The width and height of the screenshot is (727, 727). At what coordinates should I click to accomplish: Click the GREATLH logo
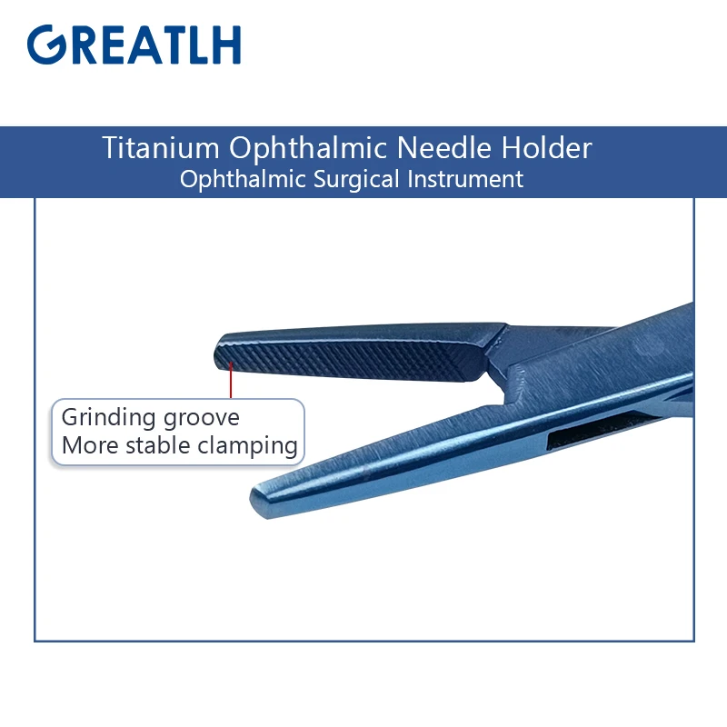[134, 45]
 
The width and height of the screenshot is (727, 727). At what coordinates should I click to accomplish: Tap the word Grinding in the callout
[105, 418]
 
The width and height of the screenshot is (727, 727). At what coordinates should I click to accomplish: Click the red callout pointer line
[232, 380]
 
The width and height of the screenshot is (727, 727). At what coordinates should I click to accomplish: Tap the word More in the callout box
[85, 445]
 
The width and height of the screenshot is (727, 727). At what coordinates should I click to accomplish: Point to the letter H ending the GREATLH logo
[225, 45]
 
